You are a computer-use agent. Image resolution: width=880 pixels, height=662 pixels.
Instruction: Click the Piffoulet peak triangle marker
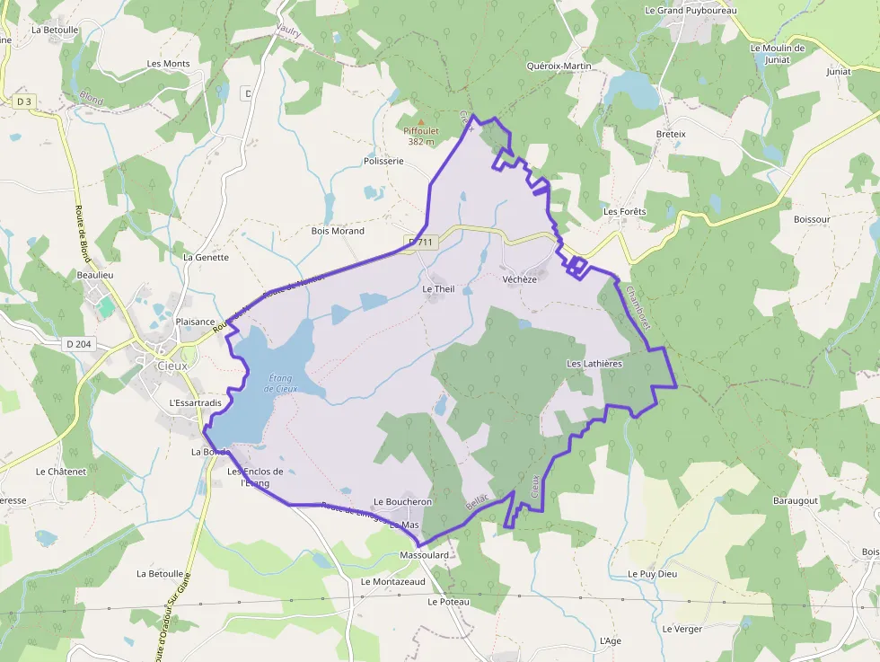pyautogui.click(x=420, y=121)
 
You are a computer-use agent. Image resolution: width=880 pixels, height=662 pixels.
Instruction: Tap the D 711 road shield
pyautogui.click(x=420, y=242)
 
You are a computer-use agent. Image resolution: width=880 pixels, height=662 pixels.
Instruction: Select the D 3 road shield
pyautogui.click(x=23, y=102)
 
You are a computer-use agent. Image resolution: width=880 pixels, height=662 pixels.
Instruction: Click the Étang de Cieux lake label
pyautogui.click(x=281, y=384)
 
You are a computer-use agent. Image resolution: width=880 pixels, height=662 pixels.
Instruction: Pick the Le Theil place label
pyautogui.click(x=439, y=289)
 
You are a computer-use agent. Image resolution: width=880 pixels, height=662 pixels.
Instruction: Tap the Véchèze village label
pyautogui.click(x=520, y=279)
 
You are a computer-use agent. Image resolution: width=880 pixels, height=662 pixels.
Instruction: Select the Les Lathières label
pyautogui.click(x=594, y=364)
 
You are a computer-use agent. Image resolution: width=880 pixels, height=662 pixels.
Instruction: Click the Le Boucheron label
pyautogui.click(x=402, y=502)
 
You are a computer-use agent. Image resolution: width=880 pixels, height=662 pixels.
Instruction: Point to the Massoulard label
pyautogui.click(x=424, y=556)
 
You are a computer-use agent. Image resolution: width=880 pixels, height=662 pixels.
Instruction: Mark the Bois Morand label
pyautogui.click(x=338, y=231)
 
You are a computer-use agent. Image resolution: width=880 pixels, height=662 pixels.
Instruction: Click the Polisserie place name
pyautogui.click(x=383, y=162)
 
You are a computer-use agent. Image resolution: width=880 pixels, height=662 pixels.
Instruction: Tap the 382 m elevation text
pyautogui.click(x=421, y=141)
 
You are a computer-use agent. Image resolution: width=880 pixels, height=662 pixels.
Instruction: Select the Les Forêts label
pyautogui.click(x=625, y=212)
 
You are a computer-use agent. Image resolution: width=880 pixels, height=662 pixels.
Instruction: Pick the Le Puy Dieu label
pyautogui.click(x=652, y=573)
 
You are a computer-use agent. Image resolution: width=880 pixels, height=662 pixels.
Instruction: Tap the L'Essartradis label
pyautogui.click(x=195, y=403)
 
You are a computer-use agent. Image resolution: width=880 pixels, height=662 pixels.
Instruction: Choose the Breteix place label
pyautogui.click(x=671, y=134)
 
